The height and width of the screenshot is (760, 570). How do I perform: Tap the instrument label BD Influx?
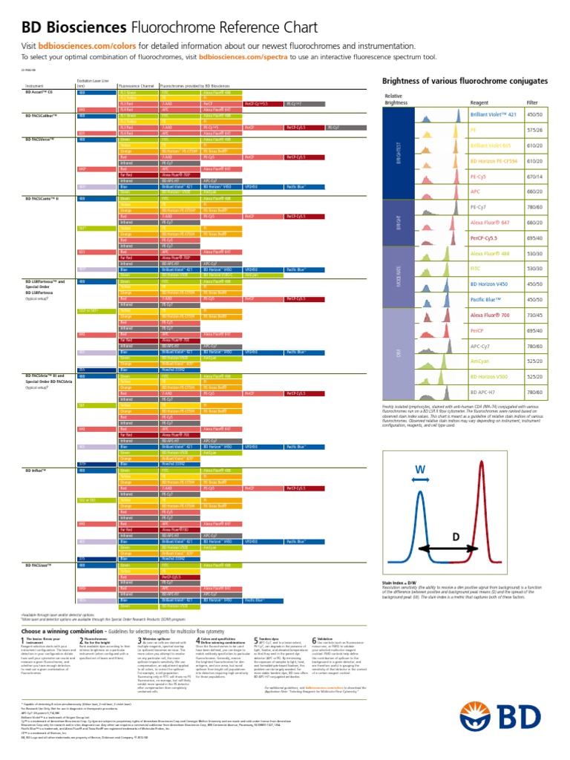point(37,471)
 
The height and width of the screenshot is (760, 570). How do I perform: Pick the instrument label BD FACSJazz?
point(40,565)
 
